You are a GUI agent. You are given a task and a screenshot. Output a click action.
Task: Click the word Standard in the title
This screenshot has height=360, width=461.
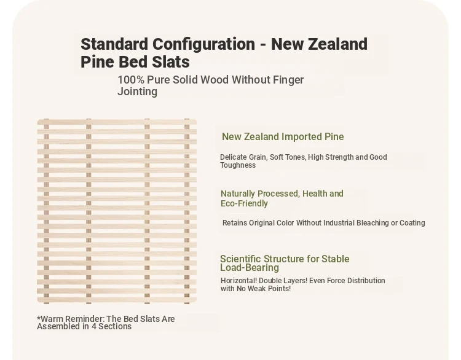click(x=114, y=44)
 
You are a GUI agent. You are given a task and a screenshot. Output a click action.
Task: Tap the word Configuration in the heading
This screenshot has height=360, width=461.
click(x=203, y=45)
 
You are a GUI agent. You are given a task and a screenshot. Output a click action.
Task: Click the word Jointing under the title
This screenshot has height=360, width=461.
click(x=137, y=92)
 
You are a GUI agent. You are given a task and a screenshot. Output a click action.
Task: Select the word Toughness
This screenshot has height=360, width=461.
click(x=238, y=165)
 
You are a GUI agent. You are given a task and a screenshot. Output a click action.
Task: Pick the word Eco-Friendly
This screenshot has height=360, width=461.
click(x=244, y=203)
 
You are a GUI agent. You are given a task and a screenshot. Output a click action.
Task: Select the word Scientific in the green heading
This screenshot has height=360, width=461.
click(x=240, y=259)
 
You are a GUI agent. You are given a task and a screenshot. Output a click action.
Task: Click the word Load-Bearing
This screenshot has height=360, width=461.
click(x=250, y=268)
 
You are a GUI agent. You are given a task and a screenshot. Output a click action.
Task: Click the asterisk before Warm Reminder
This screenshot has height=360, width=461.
click(x=39, y=318)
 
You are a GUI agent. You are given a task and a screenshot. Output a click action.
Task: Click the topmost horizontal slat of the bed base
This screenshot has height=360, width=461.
click(x=117, y=122)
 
